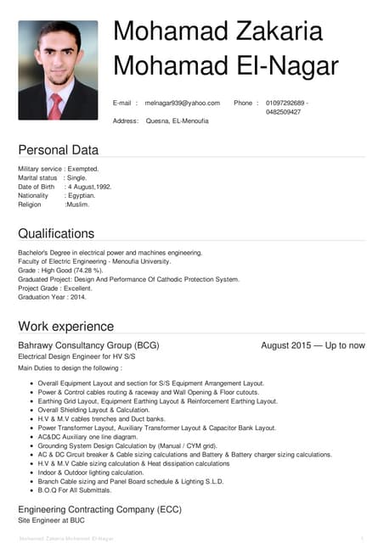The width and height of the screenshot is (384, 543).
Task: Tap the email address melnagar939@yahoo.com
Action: pos(183,103)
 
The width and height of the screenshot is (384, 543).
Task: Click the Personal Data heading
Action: pos(59,150)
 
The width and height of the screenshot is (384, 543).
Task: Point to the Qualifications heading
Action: pos(56,233)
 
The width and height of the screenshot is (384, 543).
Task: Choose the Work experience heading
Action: pos(65,326)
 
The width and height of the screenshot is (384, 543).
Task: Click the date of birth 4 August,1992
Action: pos(88,187)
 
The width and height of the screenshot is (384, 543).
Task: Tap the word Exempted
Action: pos(83,169)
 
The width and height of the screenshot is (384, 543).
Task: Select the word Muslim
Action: pos(77,204)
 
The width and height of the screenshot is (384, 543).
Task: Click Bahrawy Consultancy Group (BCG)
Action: pos(88,345)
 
